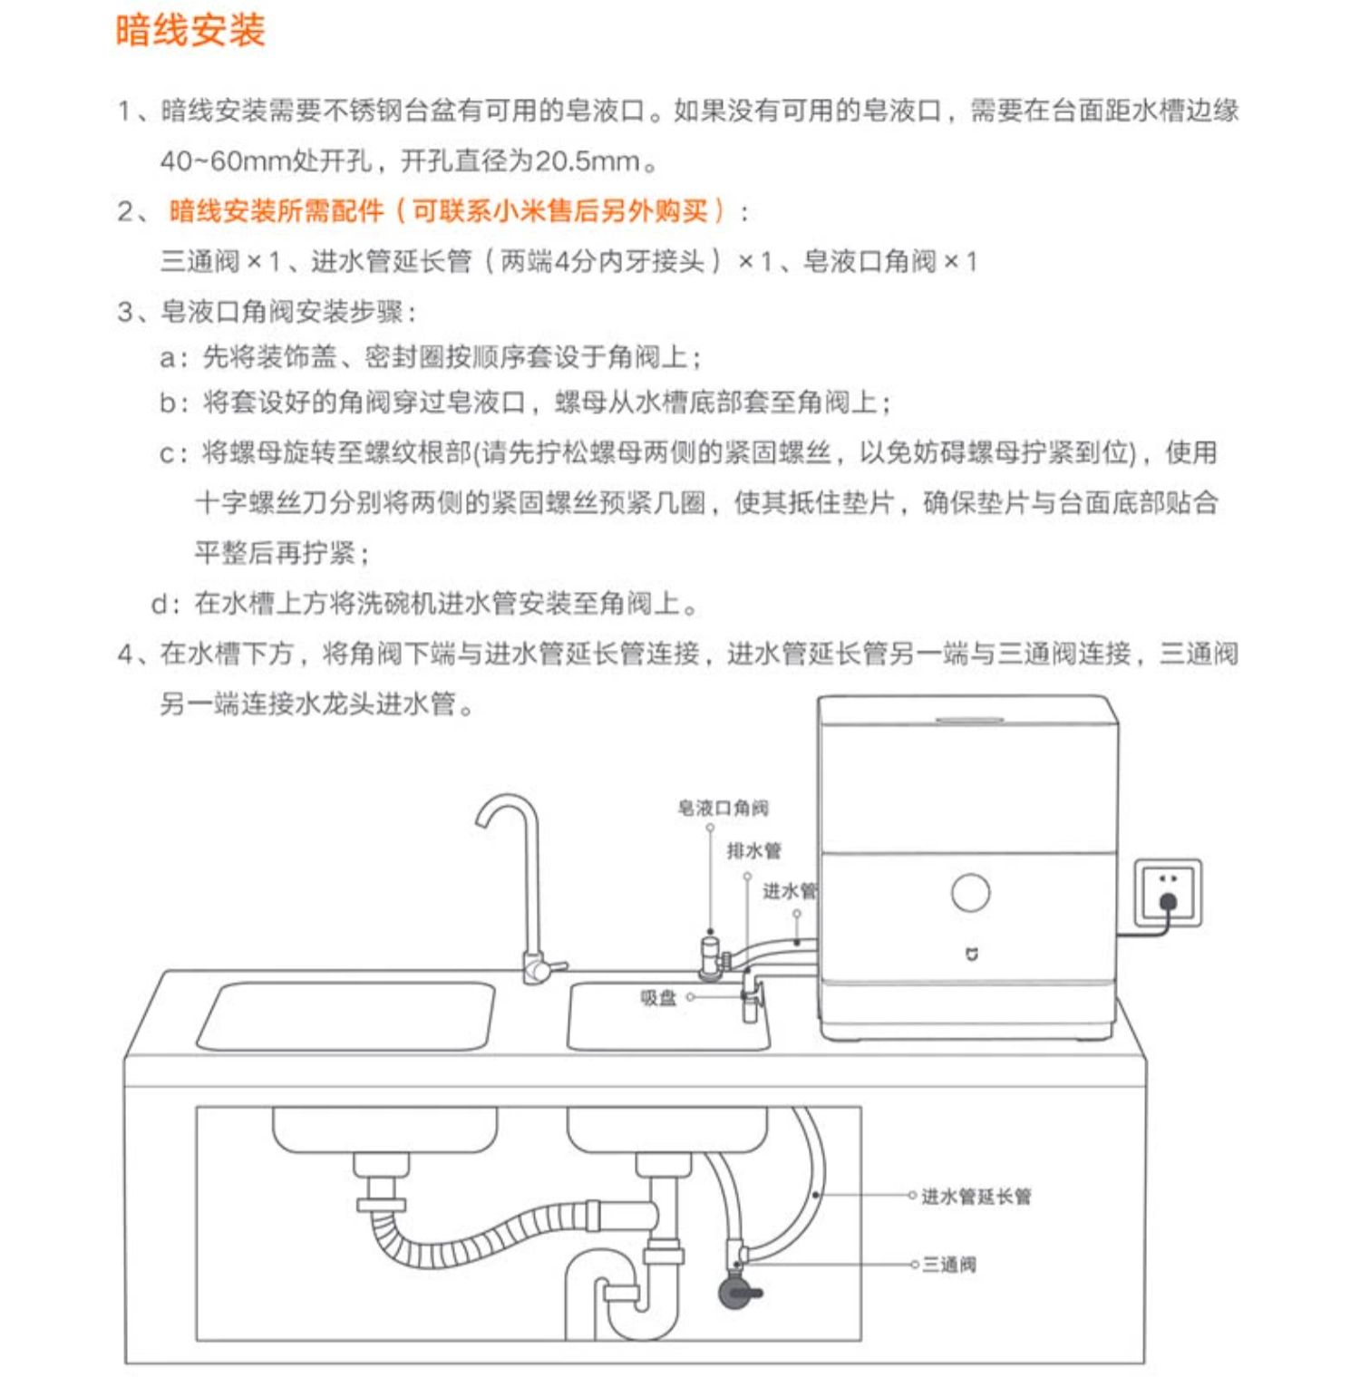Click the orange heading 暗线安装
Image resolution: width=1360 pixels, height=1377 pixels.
click(x=189, y=31)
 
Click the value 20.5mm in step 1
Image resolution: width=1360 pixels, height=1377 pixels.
click(x=587, y=161)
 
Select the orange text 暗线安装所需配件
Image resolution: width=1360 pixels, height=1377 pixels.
click(x=276, y=211)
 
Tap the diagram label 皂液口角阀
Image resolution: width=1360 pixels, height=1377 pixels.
click(x=723, y=808)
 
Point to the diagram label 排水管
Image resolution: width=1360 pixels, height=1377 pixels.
click(x=753, y=850)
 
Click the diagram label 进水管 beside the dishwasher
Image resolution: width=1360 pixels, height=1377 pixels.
click(x=788, y=891)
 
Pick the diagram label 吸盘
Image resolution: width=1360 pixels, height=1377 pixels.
click(x=658, y=998)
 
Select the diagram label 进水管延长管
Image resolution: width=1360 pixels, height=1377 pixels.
click(x=976, y=1197)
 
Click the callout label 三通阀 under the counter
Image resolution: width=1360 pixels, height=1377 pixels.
click(x=949, y=1265)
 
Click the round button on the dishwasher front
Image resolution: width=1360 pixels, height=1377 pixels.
click(x=970, y=892)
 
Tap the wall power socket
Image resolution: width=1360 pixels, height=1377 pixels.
click(x=1168, y=894)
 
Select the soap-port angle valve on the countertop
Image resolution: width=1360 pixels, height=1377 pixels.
click(x=710, y=956)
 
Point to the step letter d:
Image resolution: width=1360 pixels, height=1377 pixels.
click(x=169, y=604)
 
